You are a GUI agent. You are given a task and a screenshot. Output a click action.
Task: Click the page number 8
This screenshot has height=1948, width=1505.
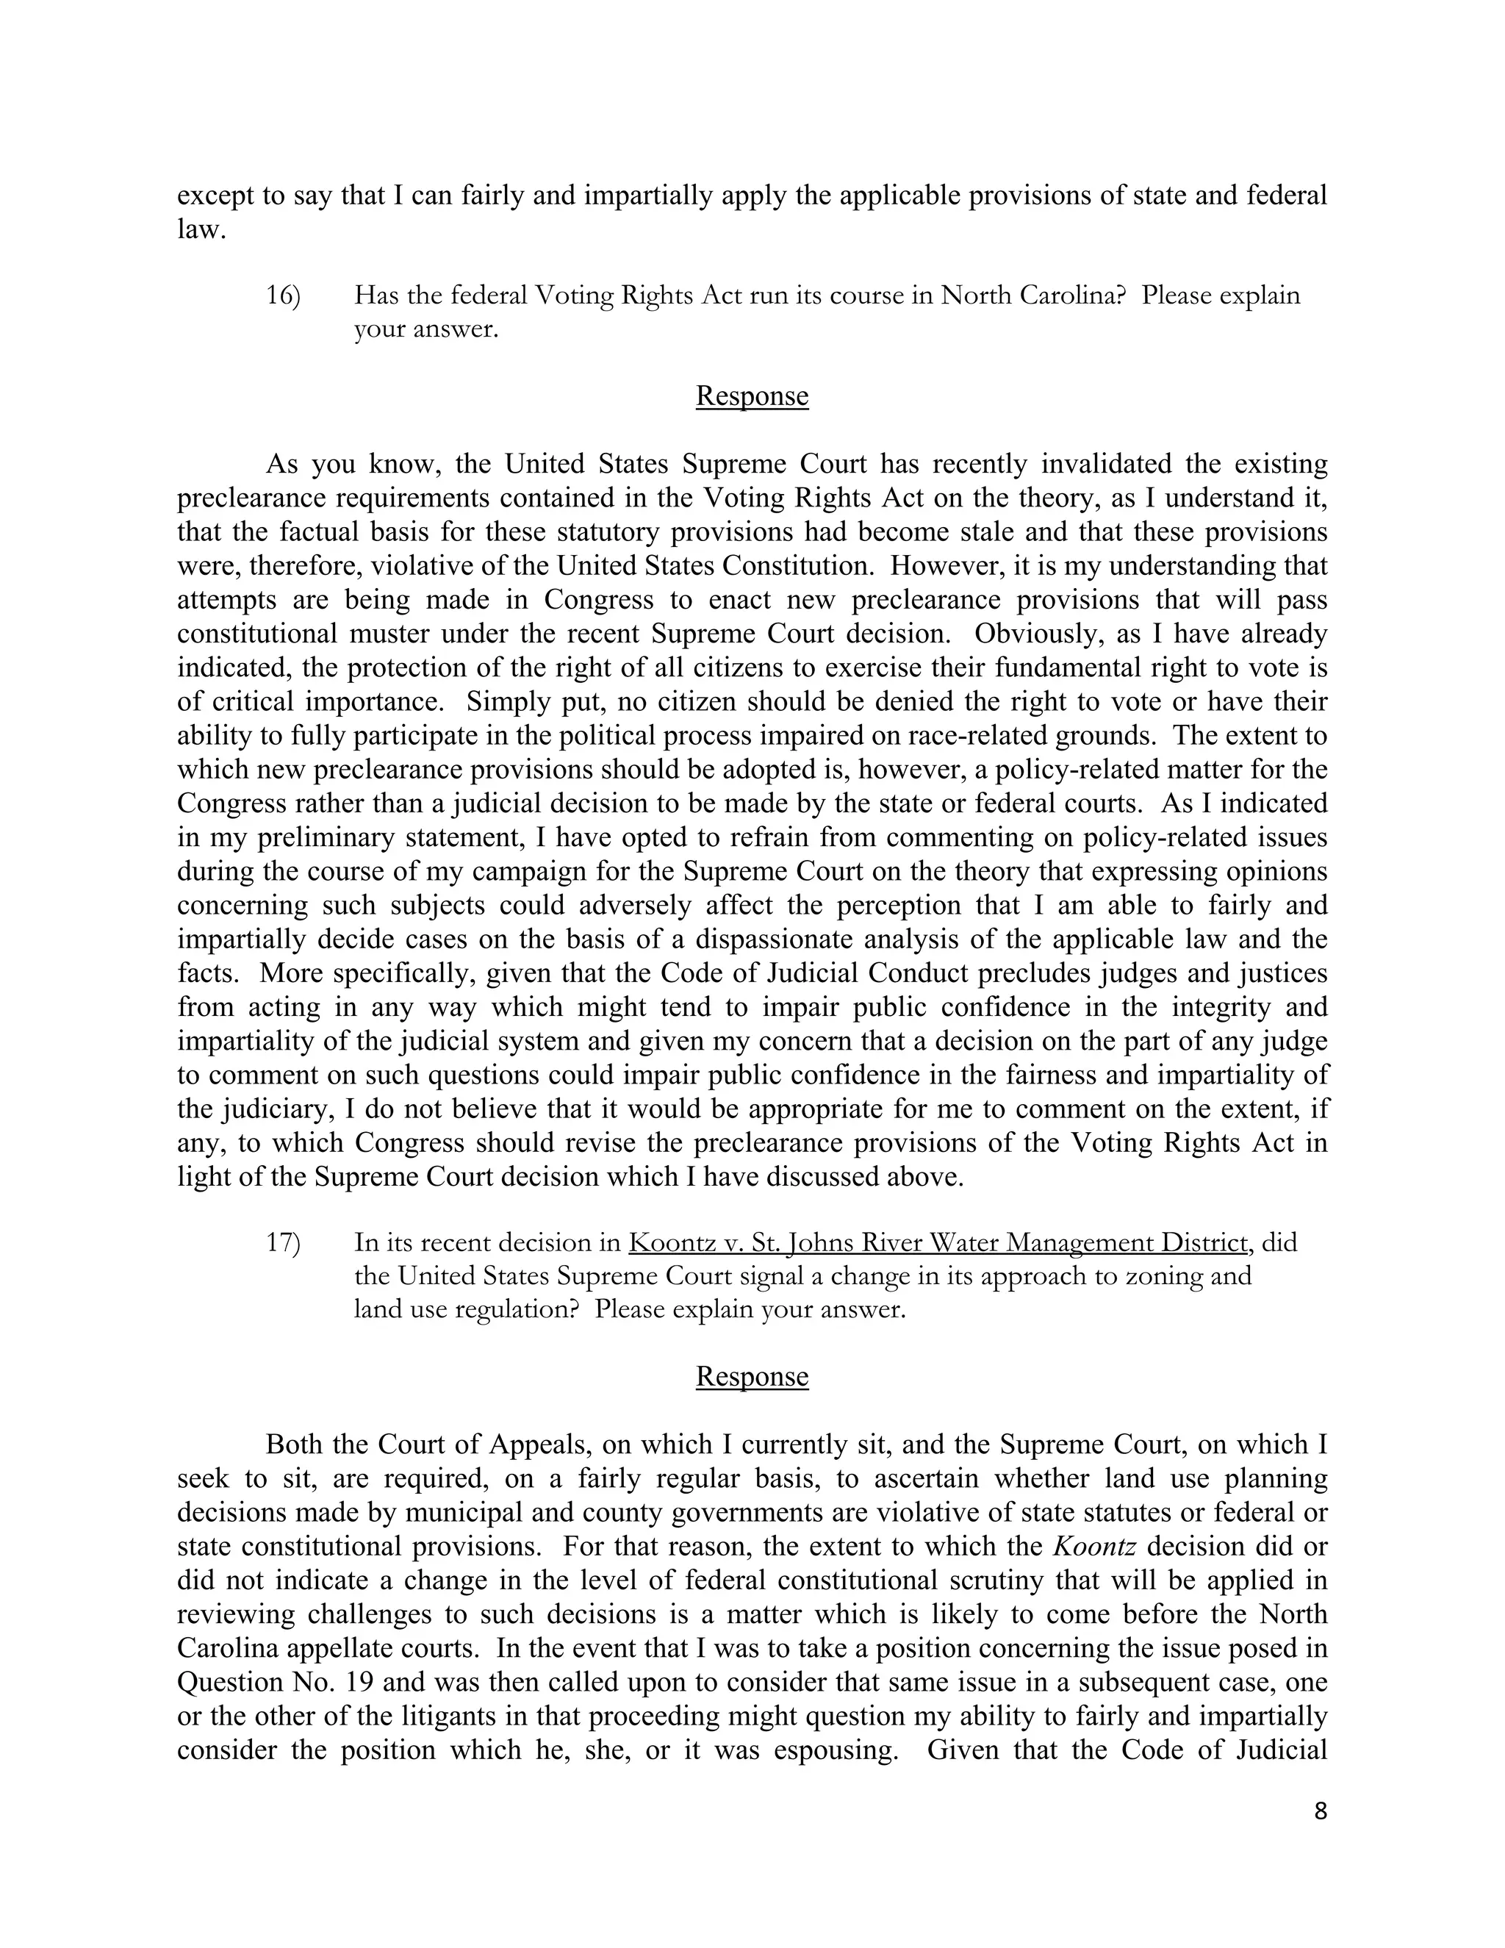[x=1321, y=1811]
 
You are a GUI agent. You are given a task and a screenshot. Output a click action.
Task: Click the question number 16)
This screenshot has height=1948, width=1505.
[x=284, y=296]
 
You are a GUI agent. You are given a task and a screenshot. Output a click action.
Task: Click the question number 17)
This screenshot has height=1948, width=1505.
[x=284, y=1242]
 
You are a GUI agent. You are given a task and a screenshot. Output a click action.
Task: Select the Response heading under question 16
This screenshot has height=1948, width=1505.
[x=752, y=396]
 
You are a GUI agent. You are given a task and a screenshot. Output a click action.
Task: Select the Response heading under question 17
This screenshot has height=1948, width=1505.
[x=752, y=1376]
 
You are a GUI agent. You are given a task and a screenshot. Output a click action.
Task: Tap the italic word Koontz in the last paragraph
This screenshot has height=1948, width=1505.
[x=1094, y=1546]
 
